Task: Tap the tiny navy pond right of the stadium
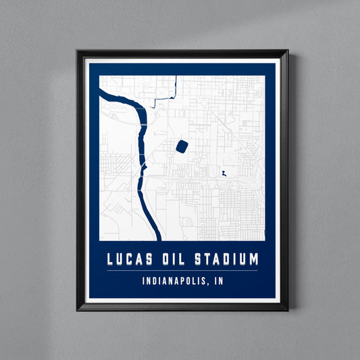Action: coord(222,174)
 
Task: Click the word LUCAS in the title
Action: coord(128,259)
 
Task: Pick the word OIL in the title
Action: coord(173,259)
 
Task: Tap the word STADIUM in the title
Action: coord(226,259)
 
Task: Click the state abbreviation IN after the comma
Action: coord(218,281)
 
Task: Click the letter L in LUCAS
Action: coord(110,259)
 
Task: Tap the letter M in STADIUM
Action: coord(253,259)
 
